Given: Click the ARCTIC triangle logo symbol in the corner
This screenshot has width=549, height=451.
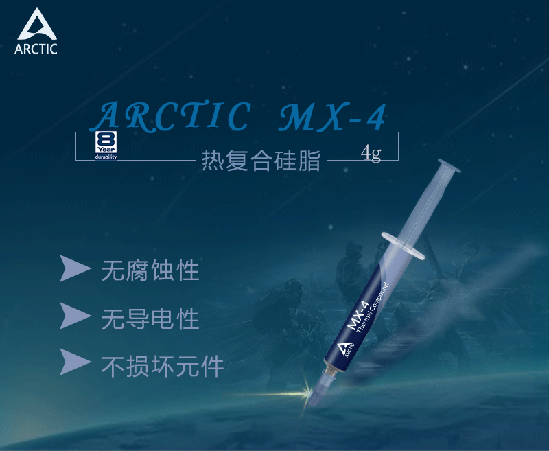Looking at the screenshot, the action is click(x=37, y=25).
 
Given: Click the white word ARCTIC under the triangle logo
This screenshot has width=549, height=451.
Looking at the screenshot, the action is click(x=36, y=49).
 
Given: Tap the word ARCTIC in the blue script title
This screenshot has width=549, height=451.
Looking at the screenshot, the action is click(x=171, y=115).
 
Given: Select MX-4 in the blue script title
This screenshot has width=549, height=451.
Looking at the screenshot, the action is click(x=333, y=117).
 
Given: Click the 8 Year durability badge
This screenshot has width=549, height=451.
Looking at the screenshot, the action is click(x=106, y=146).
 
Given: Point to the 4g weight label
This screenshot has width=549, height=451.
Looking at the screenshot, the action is click(x=371, y=152).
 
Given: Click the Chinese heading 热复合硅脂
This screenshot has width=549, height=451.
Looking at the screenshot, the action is click(x=261, y=161).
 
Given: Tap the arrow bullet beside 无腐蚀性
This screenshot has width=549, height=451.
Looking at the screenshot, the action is click(x=75, y=268).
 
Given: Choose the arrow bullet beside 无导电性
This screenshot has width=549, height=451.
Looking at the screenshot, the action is click(x=75, y=316).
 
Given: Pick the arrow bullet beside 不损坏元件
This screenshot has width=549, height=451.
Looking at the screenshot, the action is click(x=75, y=362).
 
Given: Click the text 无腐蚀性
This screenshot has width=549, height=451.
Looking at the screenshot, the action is click(x=150, y=270).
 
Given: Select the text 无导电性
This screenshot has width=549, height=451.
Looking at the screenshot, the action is click(x=150, y=319).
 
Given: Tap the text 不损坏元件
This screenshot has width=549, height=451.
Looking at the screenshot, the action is click(x=163, y=367).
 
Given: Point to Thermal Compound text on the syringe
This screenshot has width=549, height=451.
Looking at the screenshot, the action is click(x=373, y=308).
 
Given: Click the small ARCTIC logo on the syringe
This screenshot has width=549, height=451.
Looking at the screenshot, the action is click(x=345, y=350).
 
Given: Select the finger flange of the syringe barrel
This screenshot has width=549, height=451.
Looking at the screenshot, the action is click(x=404, y=245).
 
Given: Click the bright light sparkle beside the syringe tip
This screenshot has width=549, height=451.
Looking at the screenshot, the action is click(x=305, y=393).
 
